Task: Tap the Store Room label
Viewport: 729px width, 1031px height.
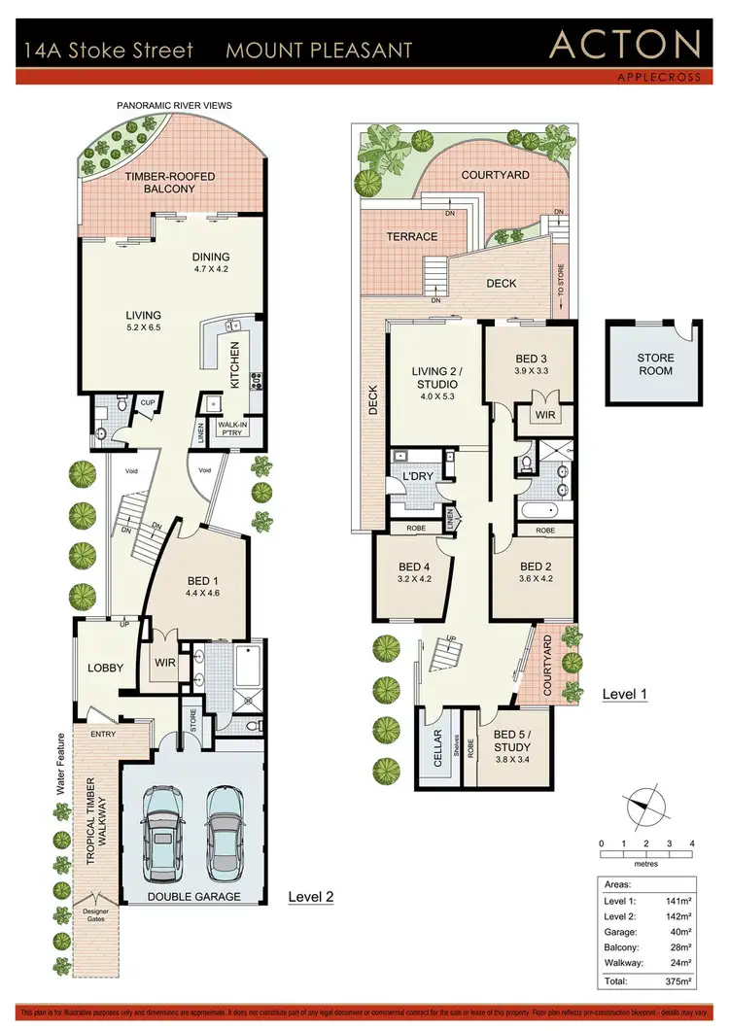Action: [x=655, y=364]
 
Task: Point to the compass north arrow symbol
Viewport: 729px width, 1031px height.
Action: [x=641, y=806]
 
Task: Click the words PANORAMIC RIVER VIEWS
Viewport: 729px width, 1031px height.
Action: [x=174, y=105]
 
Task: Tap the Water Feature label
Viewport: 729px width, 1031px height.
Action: [x=60, y=765]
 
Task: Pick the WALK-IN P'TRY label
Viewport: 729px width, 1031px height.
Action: [x=233, y=430]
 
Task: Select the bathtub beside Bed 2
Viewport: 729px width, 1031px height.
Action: [x=537, y=510]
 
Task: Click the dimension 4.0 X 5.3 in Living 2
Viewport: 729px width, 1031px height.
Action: [x=437, y=395]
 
